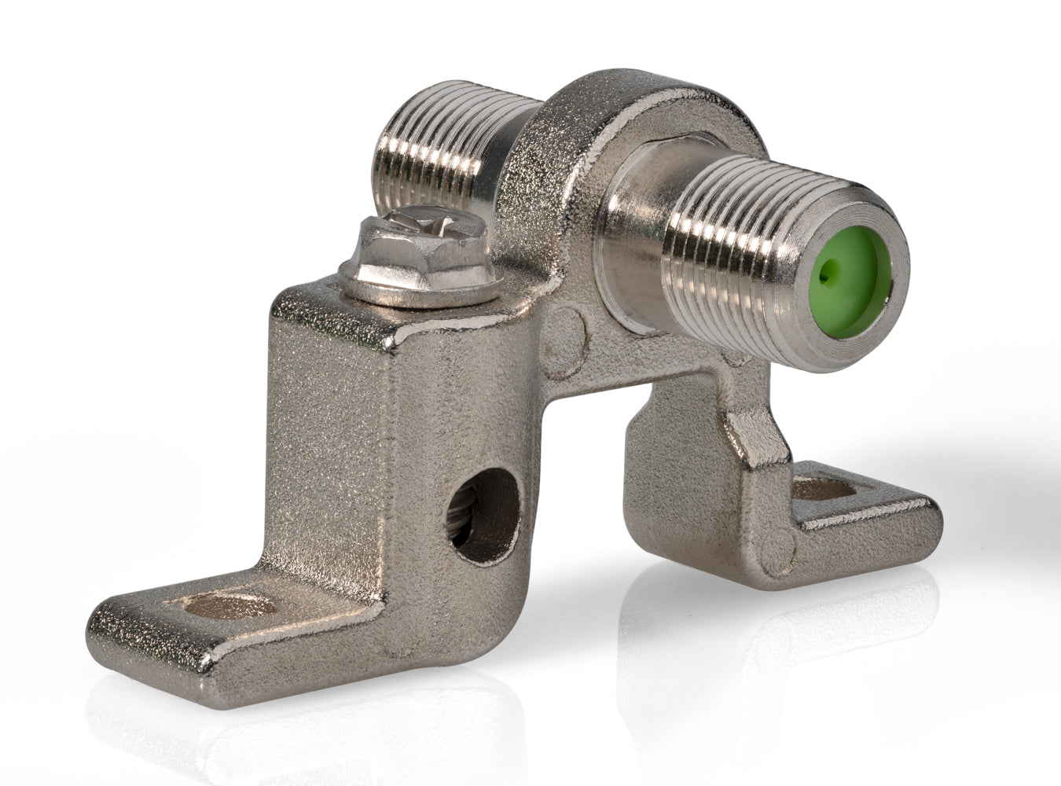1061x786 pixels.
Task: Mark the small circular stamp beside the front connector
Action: [568, 330]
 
